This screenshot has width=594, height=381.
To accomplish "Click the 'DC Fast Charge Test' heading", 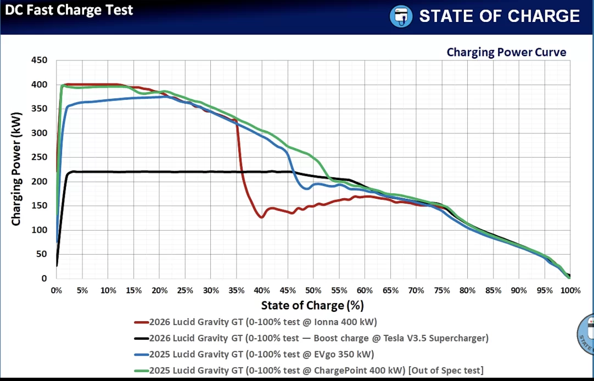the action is (x=69, y=10).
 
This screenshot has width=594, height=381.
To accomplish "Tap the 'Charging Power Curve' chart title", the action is (x=506, y=52).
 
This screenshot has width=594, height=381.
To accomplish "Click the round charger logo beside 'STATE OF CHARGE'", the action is (x=401, y=16).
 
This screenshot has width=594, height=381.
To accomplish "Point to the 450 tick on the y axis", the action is (x=39, y=60).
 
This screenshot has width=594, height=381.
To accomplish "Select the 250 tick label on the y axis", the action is (x=39, y=157).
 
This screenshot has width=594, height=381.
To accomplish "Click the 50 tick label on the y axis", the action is (x=42, y=254).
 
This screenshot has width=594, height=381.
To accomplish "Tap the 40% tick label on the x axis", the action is (x=262, y=290).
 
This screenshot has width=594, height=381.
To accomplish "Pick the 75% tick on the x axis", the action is (x=442, y=290).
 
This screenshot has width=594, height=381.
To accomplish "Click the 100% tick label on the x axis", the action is (x=570, y=290).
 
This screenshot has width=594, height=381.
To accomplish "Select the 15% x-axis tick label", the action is (x=133, y=290).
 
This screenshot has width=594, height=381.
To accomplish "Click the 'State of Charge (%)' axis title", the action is (x=312, y=305).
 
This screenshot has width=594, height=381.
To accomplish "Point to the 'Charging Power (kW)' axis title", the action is (x=15, y=169).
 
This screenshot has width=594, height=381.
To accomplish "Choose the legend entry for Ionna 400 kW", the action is (x=256, y=322).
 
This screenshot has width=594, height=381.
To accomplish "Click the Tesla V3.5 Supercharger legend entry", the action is (x=311, y=338).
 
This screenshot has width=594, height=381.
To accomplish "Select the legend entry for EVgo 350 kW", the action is (x=254, y=354).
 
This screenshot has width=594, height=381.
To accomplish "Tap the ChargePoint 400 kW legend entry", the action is (x=309, y=370).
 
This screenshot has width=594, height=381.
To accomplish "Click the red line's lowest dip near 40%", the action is (x=261, y=217).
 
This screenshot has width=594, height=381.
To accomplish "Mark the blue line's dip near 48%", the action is (x=307, y=188).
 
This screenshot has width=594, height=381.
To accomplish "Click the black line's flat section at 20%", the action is (x=160, y=172).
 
